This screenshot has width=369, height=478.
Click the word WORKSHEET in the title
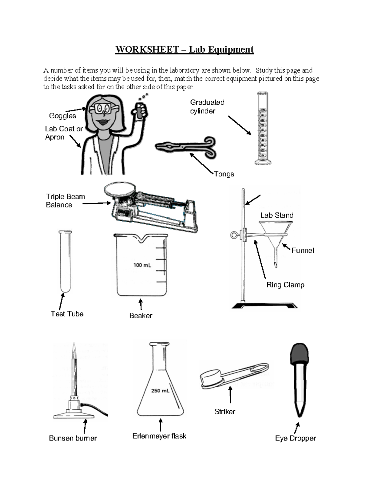[147, 50]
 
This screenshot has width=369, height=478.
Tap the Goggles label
[62, 116]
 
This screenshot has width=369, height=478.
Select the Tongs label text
[224, 174]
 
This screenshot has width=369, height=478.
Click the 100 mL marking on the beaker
[142, 265]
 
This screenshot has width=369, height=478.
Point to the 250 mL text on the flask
[160, 391]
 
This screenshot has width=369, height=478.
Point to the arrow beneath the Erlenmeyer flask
[161, 424]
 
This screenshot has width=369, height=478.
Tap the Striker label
[225, 412]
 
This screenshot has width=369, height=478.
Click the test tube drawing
[65, 262]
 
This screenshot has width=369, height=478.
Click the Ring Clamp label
[285, 285]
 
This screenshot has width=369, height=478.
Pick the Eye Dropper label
[295, 438]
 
